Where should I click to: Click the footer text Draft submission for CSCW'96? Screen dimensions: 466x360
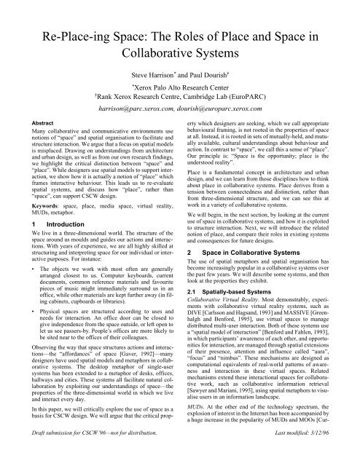(79, 455)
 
